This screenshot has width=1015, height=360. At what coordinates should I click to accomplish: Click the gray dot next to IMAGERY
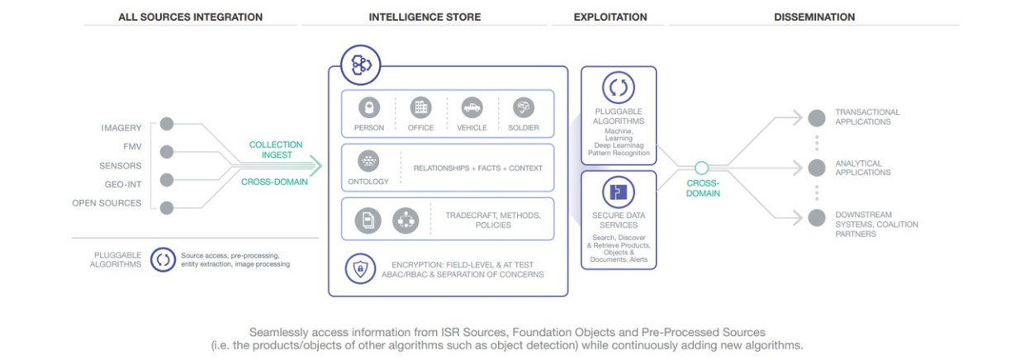coord(167,125)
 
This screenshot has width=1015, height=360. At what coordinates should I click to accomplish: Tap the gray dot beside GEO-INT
coord(167,179)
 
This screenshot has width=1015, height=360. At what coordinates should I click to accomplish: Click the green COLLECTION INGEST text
coord(276,149)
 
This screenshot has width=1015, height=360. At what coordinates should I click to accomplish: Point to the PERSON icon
coord(369,108)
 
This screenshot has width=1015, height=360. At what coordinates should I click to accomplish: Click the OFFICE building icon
coord(421,108)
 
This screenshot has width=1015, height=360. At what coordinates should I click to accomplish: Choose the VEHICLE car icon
coord(472,108)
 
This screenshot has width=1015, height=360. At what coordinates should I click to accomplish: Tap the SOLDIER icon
coord(524,108)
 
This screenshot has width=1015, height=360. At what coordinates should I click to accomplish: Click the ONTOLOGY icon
coord(368,162)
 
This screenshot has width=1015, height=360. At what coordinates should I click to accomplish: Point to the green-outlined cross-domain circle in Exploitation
coord(701,168)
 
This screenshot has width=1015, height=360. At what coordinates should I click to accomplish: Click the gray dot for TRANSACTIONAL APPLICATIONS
coord(817,117)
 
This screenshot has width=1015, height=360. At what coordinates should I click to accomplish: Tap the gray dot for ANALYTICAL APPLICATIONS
coord(817,168)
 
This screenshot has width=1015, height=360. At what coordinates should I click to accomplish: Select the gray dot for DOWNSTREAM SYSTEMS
coord(817,218)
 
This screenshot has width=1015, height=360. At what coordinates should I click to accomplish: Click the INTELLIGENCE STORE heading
coord(424,17)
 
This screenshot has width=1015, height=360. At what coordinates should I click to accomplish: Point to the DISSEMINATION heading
coord(813,17)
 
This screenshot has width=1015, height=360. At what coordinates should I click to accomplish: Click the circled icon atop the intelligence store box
coord(361,64)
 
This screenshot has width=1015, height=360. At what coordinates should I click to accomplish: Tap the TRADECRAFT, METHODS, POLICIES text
coord(493,220)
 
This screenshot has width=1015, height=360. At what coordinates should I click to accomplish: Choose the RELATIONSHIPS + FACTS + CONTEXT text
coord(478,168)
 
